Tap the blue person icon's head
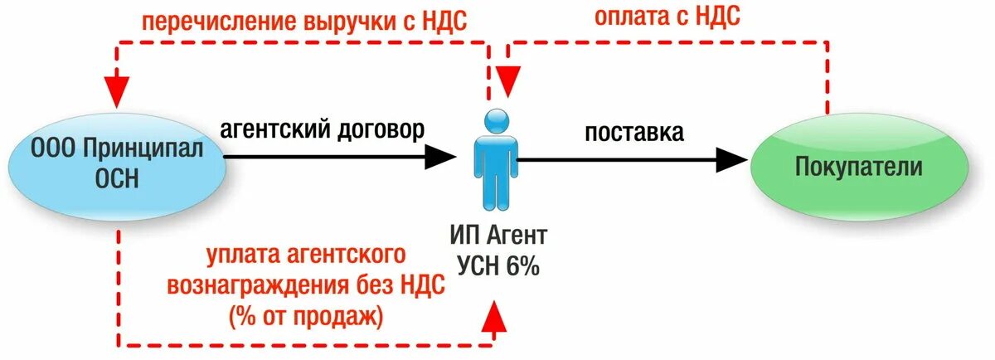(x=498, y=121)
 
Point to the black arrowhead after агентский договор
(x=440, y=154)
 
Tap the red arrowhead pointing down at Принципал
(x=115, y=85)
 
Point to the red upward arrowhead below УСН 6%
(x=496, y=314)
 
